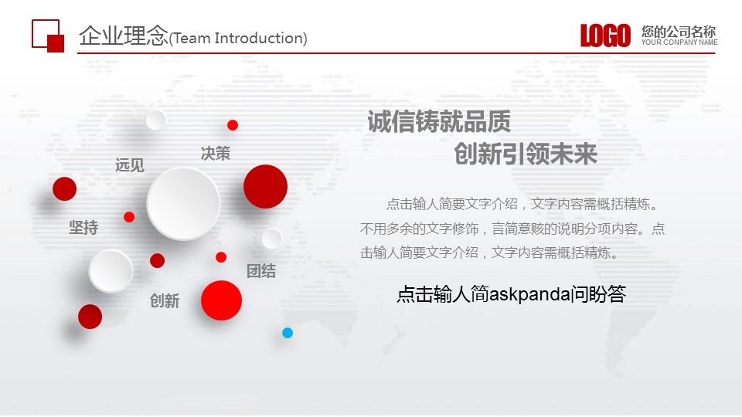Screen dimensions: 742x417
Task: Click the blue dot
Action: pyautogui.click(x=288, y=333)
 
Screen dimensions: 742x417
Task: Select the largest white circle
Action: pyautogui.click(x=184, y=203)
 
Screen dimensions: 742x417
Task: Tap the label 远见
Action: pyautogui.click(x=130, y=165)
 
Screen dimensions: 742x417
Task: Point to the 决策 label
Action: pyautogui.click(x=216, y=153)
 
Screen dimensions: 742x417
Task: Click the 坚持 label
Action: pyautogui.click(x=83, y=227)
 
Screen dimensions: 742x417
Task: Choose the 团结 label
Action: pyautogui.click(x=261, y=271)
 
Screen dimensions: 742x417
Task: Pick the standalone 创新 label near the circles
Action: pyautogui.click(x=165, y=300)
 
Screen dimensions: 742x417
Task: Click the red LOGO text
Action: pyautogui.click(x=606, y=36)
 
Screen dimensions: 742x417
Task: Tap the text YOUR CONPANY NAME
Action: pyautogui.click(x=679, y=42)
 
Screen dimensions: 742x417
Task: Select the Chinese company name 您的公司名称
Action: pyautogui.click(x=679, y=32)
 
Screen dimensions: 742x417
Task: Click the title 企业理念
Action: pyautogui.click(x=124, y=36)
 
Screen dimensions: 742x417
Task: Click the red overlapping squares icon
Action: pyautogui.click(x=48, y=36)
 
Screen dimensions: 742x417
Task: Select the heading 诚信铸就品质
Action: pyautogui.click(x=439, y=121)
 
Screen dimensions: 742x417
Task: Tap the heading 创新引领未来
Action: pyautogui.click(x=526, y=154)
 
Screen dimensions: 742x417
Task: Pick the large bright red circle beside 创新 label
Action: pyautogui.click(x=222, y=300)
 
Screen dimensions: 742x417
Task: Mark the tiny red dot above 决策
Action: pyautogui.click(x=233, y=125)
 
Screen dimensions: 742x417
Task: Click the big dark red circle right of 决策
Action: pyautogui.click(x=265, y=186)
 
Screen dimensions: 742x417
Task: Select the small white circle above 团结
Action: pyautogui.click(x=272, y=239)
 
